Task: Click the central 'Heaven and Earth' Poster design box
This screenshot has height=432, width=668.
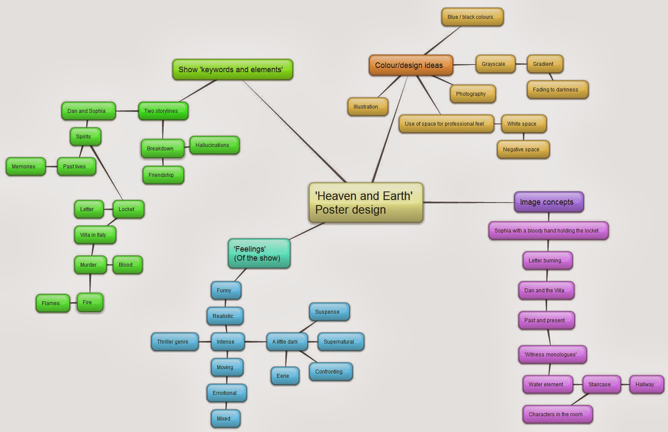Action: click(x=366, y=203)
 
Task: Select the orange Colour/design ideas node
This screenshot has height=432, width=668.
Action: click(x=410, y=65)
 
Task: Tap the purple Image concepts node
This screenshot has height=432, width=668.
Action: click(x=548, y=202)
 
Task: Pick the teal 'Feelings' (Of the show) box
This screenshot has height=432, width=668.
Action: click(x=259, y=253)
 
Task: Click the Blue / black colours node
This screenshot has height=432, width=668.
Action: click(x=472, y=17)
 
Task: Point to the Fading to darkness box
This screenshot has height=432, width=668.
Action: click(x=557, y=90)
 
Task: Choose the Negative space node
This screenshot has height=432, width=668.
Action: click(x=523, y=150)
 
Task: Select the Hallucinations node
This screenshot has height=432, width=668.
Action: click(x=214, y=145)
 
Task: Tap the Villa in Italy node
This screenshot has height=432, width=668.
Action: click(x=95, y=235)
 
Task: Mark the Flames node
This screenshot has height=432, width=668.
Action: click(x=52, y=303)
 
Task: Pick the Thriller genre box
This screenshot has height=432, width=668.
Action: click(x=174, y=342)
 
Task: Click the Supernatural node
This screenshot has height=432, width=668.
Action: click(x=340, y=342)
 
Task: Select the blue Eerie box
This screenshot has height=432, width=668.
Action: click(x=284, y=376)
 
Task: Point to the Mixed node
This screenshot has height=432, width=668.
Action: click(x=225, y=419)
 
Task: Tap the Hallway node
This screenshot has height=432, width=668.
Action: click(x=646, y=385)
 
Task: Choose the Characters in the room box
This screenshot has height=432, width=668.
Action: click(x=557, y=414)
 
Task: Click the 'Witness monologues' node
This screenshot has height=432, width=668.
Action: click(x=552, y=355)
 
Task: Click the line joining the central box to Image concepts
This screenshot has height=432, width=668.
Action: click(x=469, y=203)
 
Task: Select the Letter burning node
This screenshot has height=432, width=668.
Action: click(x=547, y=261)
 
